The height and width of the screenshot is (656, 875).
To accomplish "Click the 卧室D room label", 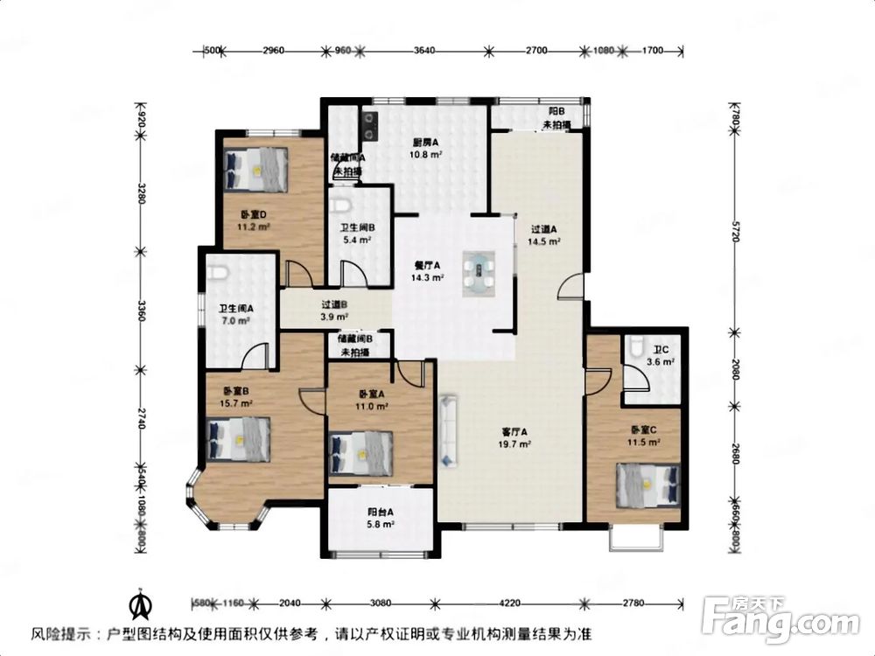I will coord(252,214).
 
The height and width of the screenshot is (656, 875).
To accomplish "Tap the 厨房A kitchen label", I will coord(426,143).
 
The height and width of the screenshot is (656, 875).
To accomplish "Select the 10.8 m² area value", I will coord(426,154).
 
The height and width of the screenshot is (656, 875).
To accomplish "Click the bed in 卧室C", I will coord(647,485).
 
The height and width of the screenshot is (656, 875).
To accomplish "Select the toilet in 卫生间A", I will coord(219,273).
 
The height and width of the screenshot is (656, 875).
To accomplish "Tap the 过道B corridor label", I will coord(336,305).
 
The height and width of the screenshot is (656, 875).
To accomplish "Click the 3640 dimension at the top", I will coord(424,52).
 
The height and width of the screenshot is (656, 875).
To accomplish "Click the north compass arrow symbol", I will coord(137,604).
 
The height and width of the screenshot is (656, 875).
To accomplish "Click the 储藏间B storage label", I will coord(354,338).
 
